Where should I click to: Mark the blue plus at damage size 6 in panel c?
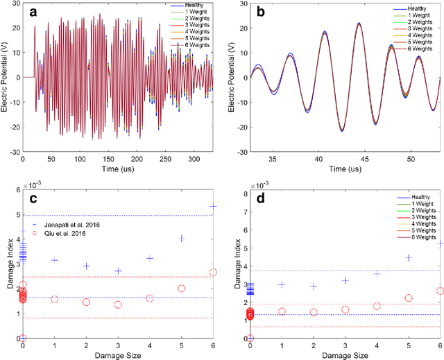pyautogui.click(x=213, y=206)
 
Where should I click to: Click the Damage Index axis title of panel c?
pyautogui.click(x=8, y=271)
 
